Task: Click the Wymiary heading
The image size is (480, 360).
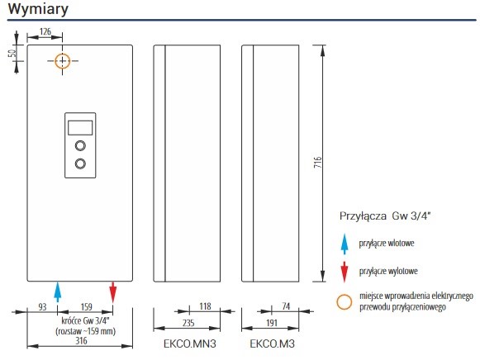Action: (38, 8)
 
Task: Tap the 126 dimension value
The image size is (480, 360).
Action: (45, 31)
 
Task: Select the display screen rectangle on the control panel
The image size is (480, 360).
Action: (80, 127)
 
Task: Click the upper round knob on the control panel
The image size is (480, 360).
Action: (80, 145)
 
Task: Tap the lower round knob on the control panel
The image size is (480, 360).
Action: (80, 163)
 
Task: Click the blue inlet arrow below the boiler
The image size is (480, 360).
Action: (57, 292)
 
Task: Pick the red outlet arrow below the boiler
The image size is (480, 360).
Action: (113, 292)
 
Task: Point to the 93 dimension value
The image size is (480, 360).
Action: (42, 307)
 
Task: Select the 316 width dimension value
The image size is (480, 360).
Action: (81, 341)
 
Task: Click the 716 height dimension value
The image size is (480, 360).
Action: (318, 162)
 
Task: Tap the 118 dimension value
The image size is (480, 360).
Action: (205, 306)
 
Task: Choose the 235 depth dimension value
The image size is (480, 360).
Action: (188, 323)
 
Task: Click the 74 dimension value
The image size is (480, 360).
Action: (286, 306)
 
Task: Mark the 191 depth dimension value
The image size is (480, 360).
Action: (272, 323)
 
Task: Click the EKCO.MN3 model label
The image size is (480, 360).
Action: (190, 343)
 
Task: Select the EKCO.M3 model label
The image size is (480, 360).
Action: (272, 343)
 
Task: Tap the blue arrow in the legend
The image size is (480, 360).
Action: (345, 244)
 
